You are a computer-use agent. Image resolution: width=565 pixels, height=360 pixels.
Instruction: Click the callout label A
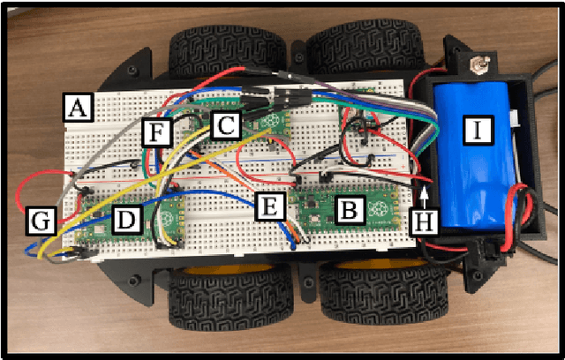(78, 109)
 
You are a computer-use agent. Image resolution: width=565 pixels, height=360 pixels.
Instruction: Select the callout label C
(225, 125)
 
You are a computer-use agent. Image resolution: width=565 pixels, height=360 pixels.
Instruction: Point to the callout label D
(127, 220)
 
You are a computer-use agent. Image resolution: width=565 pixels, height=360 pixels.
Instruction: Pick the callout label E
(270, 207)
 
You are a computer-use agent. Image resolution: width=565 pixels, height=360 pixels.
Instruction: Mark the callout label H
(425, 220)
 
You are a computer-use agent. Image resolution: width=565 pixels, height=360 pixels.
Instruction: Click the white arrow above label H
(425, 192)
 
